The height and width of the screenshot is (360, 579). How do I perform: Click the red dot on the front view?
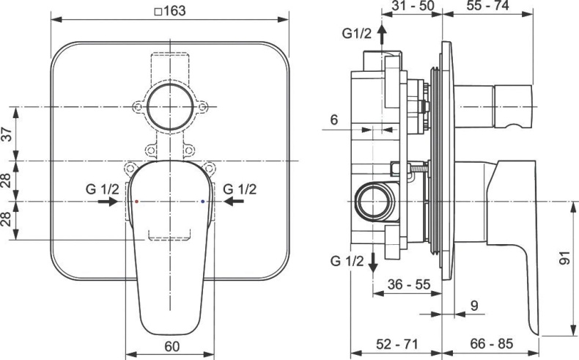pos(136,201)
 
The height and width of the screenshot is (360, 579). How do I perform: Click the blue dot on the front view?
pos(202,201)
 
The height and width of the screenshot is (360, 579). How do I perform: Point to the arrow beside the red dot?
pos(107,201)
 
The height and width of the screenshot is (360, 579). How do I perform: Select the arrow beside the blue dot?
pos(233,201)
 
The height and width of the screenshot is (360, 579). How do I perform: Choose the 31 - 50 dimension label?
pos(413,6)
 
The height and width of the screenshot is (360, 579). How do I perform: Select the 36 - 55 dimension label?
pos(407,283)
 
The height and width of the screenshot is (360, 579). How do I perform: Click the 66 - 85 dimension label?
pos(490,343)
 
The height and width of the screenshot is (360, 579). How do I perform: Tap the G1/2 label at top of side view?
pos(358,33)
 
